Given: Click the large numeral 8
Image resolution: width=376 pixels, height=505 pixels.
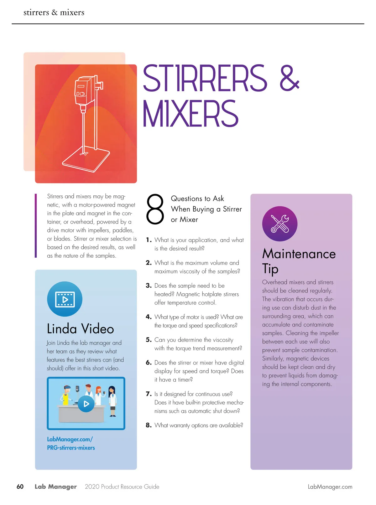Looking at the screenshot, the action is [155, 209].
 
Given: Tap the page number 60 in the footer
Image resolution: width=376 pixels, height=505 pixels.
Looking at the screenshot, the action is [20, 487].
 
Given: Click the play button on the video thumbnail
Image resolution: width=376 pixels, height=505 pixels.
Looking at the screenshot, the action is [86, 404].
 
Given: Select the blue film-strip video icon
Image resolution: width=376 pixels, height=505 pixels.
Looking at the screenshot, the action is [65, 299].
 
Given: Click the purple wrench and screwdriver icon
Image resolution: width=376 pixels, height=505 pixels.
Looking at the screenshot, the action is [280, 224].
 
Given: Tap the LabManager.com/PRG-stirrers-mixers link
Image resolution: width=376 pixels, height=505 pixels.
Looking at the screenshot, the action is [71, 443].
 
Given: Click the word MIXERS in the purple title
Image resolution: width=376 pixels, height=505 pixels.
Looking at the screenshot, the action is [191, 113].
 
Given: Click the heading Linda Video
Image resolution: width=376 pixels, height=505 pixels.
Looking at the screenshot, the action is [80, 328].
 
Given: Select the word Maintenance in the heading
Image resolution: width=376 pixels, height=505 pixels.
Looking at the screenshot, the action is [299, 254].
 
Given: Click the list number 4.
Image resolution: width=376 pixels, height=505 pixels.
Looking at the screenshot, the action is [149, 317].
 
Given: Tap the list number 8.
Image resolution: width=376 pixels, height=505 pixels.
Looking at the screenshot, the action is [149, 425].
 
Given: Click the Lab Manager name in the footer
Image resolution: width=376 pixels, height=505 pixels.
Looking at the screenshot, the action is [55, 487].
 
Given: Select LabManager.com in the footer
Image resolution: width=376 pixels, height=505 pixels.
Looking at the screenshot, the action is [330, 487].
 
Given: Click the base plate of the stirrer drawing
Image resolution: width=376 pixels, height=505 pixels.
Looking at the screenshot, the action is [86, 160].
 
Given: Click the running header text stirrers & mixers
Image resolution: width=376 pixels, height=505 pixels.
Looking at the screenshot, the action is [54, 12].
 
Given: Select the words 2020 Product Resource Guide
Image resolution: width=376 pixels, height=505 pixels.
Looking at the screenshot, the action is [122, 487].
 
